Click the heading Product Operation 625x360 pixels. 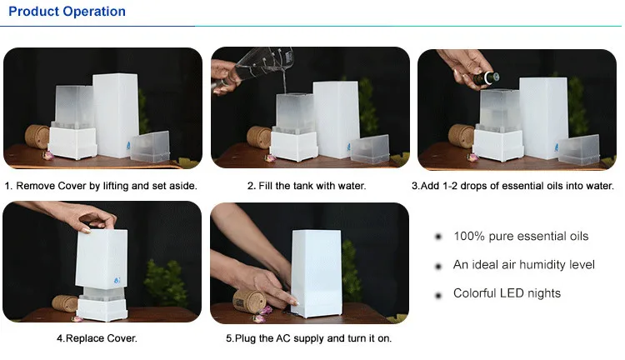(65, 12)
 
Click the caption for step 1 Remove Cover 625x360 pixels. (101, 186)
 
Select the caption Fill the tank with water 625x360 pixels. (306, 186)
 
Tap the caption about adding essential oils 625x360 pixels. (512, 186)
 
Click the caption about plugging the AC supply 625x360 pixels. (308, 339)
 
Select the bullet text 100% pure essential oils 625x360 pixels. (521, 237)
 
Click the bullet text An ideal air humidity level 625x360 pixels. (524, 265)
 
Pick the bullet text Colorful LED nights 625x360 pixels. (507, 293)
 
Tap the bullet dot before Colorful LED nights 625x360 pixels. (437, 294)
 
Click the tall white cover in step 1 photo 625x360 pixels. (116, 112)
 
